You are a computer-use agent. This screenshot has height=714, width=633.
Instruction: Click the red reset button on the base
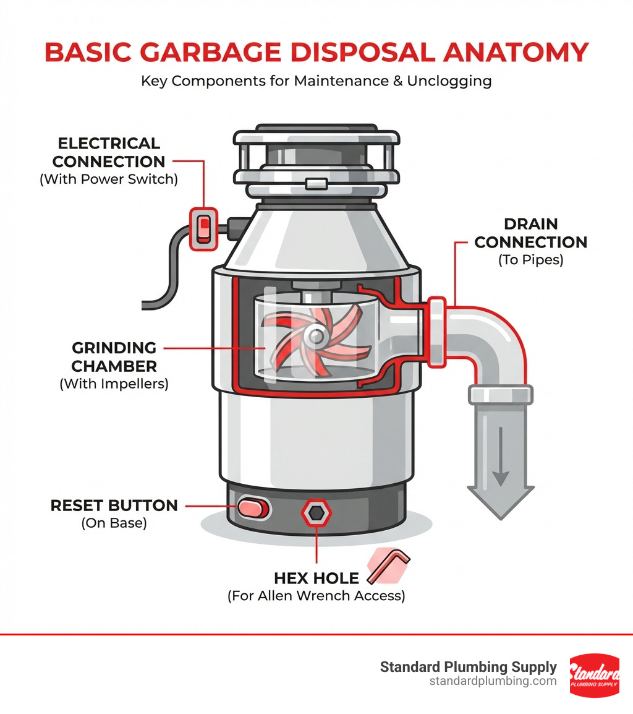point(254,509)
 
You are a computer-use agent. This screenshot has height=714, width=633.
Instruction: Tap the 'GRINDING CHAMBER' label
point(114,356)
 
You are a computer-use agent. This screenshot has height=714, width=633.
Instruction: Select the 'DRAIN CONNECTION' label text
point(530,233)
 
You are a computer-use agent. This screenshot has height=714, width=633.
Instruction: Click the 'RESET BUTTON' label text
point(114,505)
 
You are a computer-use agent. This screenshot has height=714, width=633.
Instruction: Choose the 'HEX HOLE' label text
point(316,579)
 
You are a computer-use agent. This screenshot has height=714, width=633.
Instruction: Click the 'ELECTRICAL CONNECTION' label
point(108,153)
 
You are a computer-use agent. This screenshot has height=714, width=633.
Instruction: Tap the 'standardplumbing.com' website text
point(493,681)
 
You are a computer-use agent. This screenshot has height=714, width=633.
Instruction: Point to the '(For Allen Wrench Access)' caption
point(316,596)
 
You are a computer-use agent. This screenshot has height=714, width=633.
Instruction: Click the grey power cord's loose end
point(145,304)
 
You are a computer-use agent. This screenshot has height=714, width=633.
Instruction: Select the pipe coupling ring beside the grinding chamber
point(437,332)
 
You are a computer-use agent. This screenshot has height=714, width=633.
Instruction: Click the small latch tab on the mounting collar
point(316,184)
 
